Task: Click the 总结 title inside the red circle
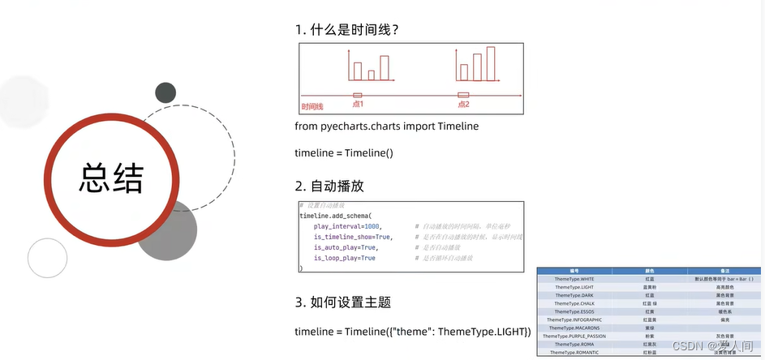tap(111, 178)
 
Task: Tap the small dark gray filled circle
tap(165, 92)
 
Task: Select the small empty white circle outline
tap(47, 258)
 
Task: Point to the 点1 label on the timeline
tap(358, 104)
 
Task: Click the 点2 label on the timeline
tap(463, 104)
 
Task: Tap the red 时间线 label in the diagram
tap(312, 106)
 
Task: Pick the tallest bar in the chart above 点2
tap(490, 64)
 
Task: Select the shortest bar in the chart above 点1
tap(371, 75)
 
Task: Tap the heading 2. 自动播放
tap(333, 188)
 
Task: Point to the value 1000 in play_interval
tap(372, 226)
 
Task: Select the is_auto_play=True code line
tap(345, 247)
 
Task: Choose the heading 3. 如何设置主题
tap(343, 302)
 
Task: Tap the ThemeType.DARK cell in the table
tap(574, 295)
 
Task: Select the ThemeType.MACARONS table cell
tap(574, 328)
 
